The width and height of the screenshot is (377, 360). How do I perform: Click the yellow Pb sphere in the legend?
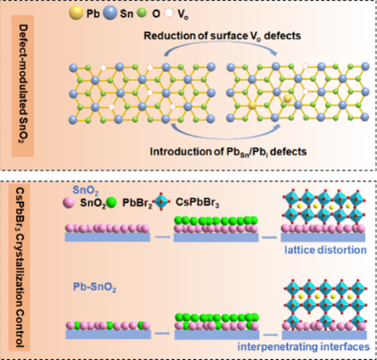point(76,12)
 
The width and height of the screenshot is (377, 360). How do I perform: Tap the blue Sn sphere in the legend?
point(110,12)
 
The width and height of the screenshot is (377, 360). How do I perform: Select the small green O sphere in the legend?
point(141,13)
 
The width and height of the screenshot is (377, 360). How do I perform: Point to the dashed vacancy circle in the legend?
point(169,13)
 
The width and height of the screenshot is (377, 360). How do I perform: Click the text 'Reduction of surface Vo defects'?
point(223,36)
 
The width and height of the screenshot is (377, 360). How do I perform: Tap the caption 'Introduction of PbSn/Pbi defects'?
point(228,152)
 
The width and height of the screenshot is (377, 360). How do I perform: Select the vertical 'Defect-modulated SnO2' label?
point(23,84)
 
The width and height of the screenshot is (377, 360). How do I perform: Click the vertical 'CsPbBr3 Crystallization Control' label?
point(20,267)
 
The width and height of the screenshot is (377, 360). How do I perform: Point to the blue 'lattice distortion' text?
point(326,250)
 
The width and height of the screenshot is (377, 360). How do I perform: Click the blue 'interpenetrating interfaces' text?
point(304,347)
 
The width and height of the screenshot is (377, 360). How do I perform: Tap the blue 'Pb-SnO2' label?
point(94,288)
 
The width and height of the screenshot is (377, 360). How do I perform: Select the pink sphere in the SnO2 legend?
point(69,203)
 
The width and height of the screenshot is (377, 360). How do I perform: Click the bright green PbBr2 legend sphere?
point(111,203)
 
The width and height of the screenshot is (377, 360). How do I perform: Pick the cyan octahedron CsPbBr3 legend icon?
point(162,201)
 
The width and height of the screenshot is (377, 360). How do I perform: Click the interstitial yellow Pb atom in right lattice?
point(288,99)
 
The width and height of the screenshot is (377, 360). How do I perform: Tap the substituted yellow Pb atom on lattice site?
point(252,105)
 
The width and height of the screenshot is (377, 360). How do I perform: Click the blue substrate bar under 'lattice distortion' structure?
point(323,238)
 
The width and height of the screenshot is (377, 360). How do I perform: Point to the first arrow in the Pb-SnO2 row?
point(162,333)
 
